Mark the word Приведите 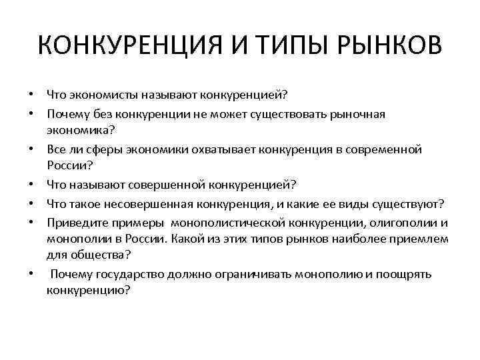point(76,222)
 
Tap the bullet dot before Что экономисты point(32,93)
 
